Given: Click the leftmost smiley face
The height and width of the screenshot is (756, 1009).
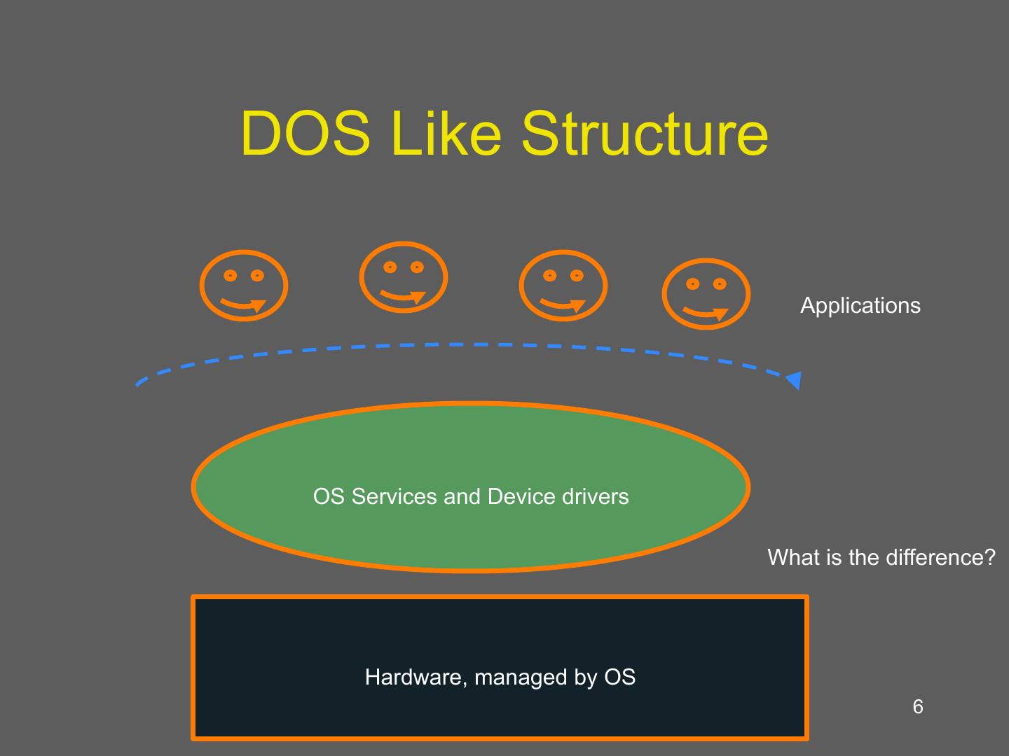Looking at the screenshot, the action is coord(243,286).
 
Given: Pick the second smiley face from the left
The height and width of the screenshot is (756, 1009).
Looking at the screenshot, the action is coord(403,277).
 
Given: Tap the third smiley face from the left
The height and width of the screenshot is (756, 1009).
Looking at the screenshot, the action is coord(563,286).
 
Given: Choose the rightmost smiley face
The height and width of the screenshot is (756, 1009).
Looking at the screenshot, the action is coord(706,294).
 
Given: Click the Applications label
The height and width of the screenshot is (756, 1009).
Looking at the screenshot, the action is coord(860,305).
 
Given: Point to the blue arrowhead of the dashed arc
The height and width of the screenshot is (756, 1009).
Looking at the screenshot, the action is coord(794,380).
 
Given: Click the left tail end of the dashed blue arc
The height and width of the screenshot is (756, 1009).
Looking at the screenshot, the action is coord(138,384).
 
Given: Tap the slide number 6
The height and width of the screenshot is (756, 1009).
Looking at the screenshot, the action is coord(918,707).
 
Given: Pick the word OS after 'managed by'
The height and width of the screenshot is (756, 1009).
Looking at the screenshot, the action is coord(619,677).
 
